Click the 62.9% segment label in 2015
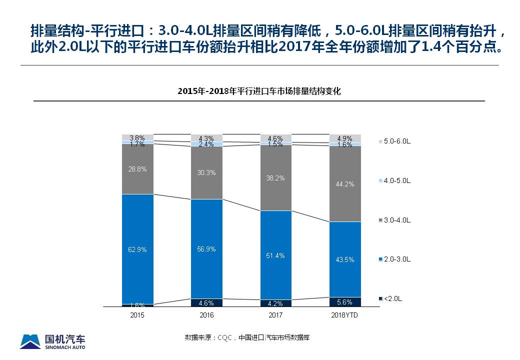[x=137, y=249]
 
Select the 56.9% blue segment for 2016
[x=206, y=249]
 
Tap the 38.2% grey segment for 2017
[x=275, y=178]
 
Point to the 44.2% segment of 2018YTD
[x=344, y=184]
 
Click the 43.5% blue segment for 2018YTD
[x=344, y=259]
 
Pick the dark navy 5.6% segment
[x=344, y=302]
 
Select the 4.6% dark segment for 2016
[x=206, y=302]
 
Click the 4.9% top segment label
[x=344, y=138]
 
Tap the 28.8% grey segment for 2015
[x=137, y=169]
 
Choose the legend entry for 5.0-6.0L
[x=396, y=141]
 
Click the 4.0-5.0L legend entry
[x=396, y=180]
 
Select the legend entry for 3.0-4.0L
[x=396, y=220]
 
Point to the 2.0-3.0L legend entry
[x=396, y=259]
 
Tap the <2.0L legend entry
[x=392, y=299]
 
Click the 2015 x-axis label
[x=137, y=315]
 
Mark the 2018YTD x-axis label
[x=344, y=315]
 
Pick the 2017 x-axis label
[x=275, y=315]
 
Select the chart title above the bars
[x=259, y=91]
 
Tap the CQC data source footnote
[x=247, y=337]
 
